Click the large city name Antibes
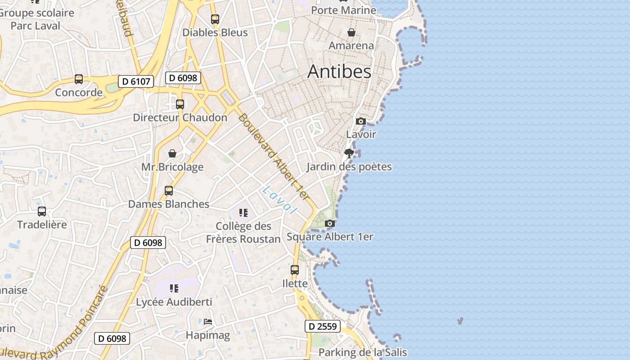[x=339, y=72]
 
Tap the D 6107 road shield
[x=136, y=81]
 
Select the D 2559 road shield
[x=323, y=326]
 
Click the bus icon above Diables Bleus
[x=215, y=19]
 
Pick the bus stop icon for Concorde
[x=79, y=80]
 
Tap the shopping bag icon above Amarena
[x=351, y=32]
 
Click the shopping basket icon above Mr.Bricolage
[x=172, y=154]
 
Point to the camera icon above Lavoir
[x=360, y=121]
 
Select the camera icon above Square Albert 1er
[x=330, y=223]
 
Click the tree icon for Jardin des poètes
[x=349, y=153]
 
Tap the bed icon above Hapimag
[x=207, y=322]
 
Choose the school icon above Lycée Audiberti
[x=174, y=288]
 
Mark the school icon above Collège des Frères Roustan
[x=243, y=212]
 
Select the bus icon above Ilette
[x=295, y=270]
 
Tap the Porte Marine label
[x=343, y=10]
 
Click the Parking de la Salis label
[x=363, y=352]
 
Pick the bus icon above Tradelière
[x=42, y=211]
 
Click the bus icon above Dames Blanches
[x=169, y=191]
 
